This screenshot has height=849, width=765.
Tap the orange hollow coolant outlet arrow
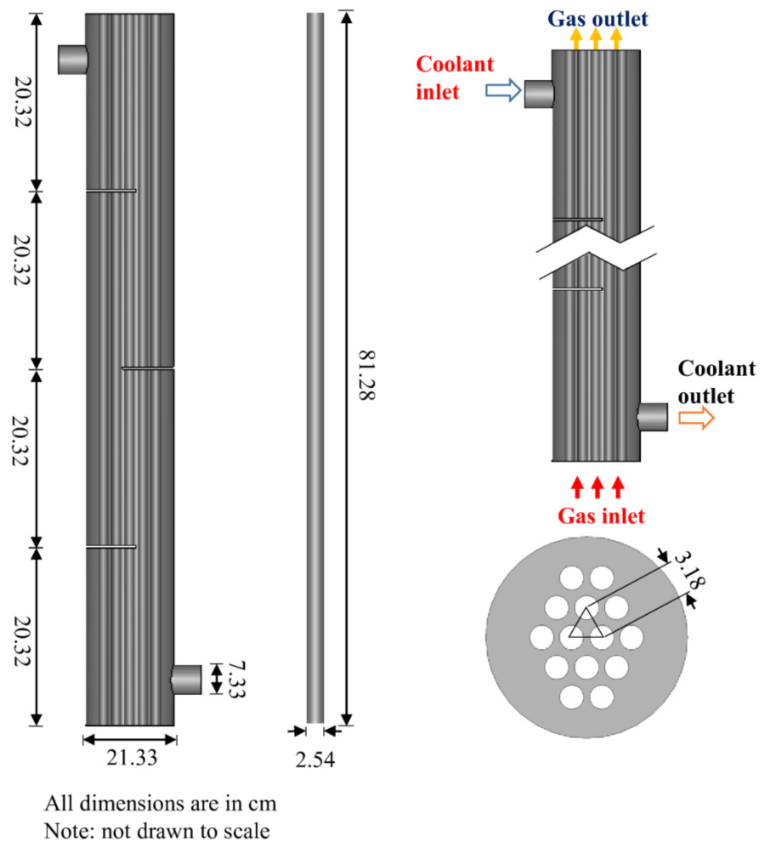coord(696,418)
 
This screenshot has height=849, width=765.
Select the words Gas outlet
coord(597,19)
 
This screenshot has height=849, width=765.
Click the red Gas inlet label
coord(601,516)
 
